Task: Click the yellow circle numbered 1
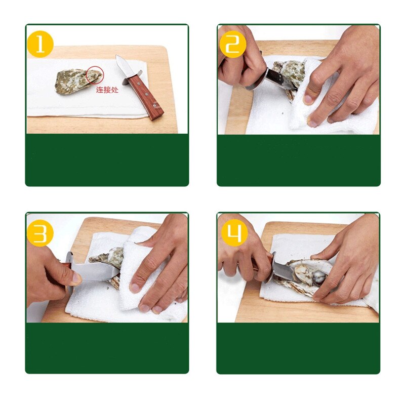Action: click(40, 44)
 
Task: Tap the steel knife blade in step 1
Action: click(123, 65)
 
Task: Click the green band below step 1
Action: click(107, 159)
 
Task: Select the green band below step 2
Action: click(298, 159)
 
